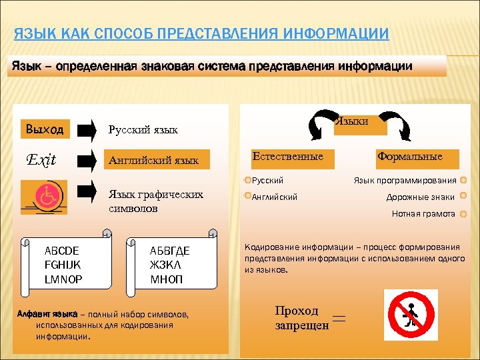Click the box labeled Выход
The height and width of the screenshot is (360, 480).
click(x=44, y=129)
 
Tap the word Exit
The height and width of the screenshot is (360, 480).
click(x=41, y=160)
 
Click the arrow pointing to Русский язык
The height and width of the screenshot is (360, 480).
click(x=87, y=129)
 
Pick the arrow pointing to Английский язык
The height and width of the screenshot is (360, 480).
click(x=87, y=160)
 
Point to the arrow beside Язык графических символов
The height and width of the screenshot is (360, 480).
click(x=87, y=191)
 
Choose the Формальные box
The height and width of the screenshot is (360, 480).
click(x=409, y=157)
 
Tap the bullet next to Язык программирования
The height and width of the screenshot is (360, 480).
click(x=464, y=180)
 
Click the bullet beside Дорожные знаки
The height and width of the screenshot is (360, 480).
click(x=464, y=197)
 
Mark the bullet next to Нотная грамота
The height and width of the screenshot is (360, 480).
click(x=464, y=214)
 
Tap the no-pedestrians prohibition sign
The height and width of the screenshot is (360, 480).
click(x=411, y=315)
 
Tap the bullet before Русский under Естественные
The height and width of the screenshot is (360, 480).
click(x=247, y=180)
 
